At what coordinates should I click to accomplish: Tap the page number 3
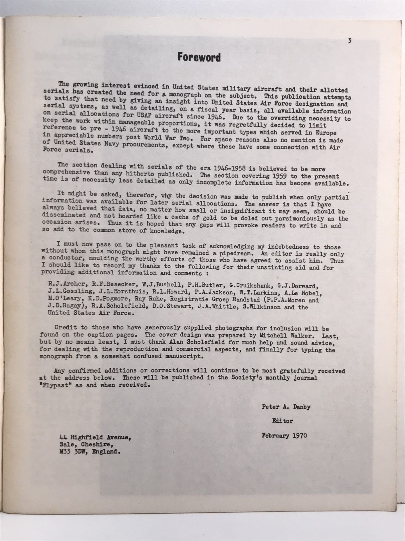click(349, 41)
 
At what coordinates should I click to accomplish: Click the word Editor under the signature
click(282, 421)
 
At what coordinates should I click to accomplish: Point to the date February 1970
click(284, 435)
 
